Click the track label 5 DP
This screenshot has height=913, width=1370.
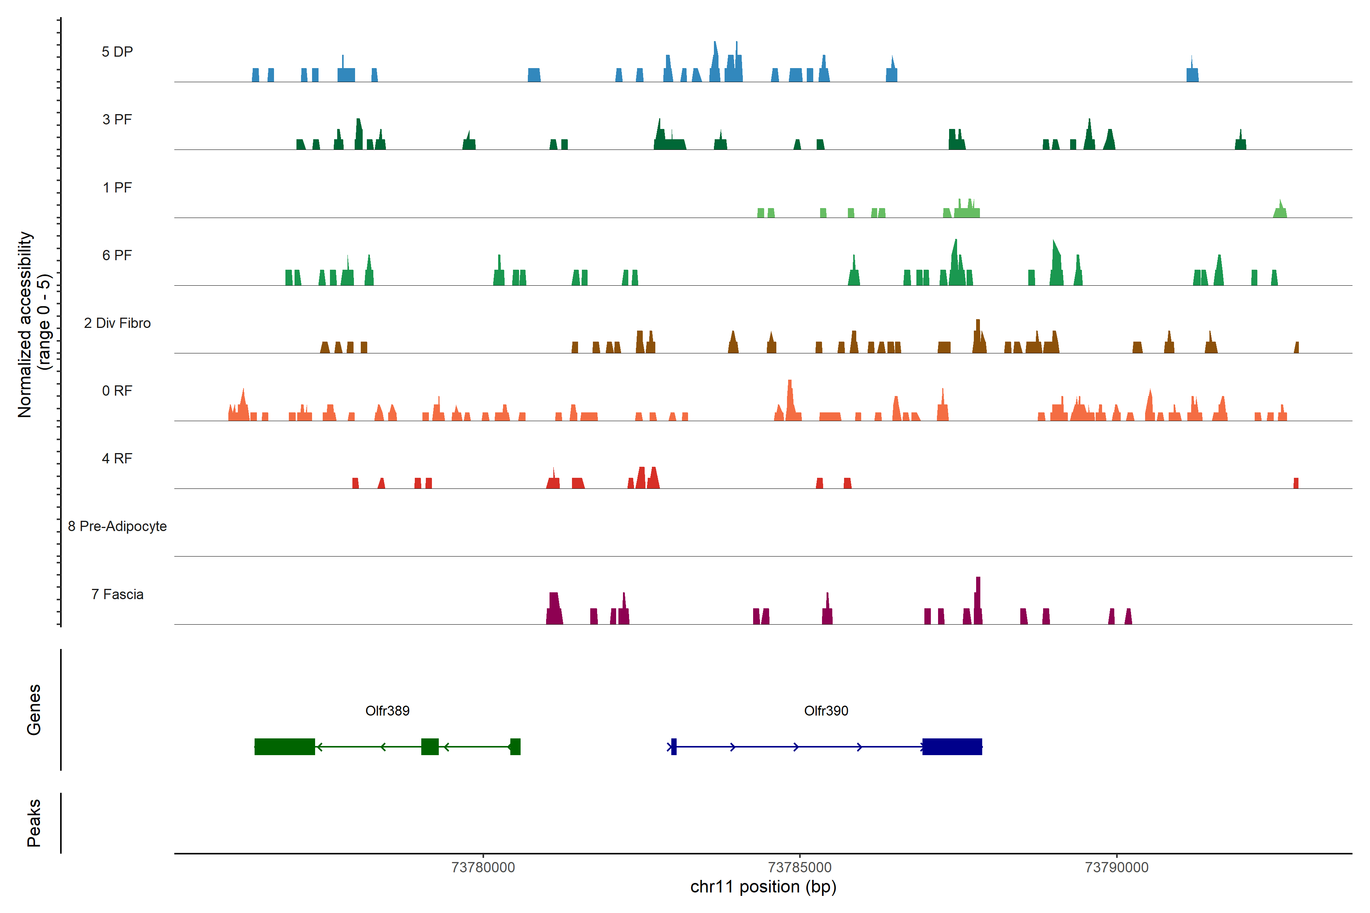click(117, 52)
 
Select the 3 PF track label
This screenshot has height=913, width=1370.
click(117, 119)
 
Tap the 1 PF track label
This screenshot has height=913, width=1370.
click(117, 188)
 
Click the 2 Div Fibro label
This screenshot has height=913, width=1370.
click(117, 323)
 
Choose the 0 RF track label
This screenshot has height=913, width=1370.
click(117, 391)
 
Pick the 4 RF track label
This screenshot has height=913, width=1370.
click(117, 458)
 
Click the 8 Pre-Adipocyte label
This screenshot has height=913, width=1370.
click(117, 526)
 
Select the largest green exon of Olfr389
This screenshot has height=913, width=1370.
click(284, 746)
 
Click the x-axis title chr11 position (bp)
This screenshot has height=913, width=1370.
click(763, 887)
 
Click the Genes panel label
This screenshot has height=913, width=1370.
click(34, 710)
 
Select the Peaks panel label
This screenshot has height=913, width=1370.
click(34, 823)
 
